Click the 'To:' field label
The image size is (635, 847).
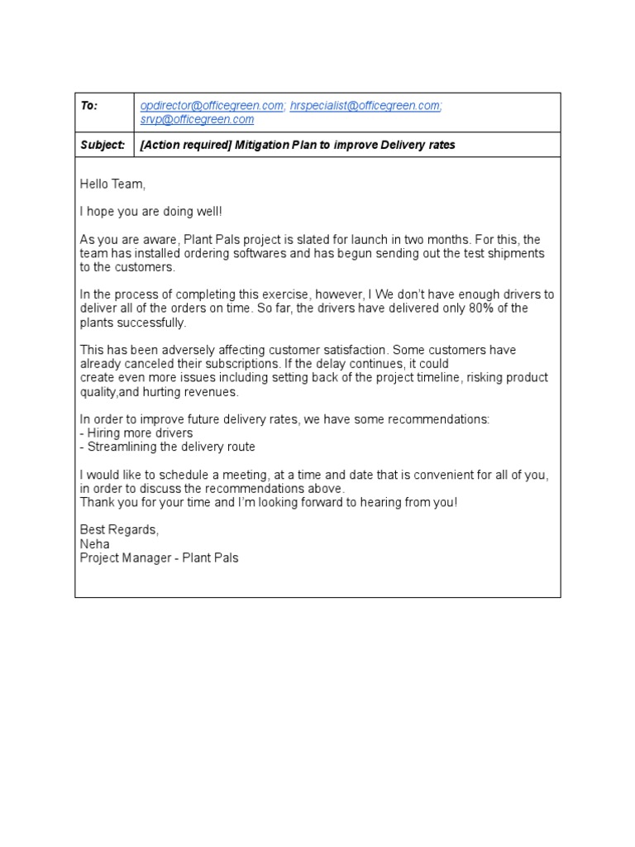pyautogui.click(x=88, y=106)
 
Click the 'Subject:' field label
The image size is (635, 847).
pyautogui.click(x=103, y=145)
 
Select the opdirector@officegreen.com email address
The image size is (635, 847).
pyautogui.click(x=212, y=106)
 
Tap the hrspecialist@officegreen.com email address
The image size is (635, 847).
pyautogui.click(x=365, y=106)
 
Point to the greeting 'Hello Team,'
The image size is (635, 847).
pyautogui.click(x=112, y=183)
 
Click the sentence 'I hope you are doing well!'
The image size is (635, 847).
pyautogui.click(x=151, y=212)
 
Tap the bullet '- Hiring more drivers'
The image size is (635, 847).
pyautogui.click(x=136, y=433)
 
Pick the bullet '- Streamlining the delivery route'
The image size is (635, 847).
pyautogui.click(x=168, y=447)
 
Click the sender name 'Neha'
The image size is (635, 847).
pyautogui.click(x=94, y=543)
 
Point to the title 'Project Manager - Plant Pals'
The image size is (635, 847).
pyautogui.click(x=159, y=557)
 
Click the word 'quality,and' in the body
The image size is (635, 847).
pyautogui.click(x=109, y=391)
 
